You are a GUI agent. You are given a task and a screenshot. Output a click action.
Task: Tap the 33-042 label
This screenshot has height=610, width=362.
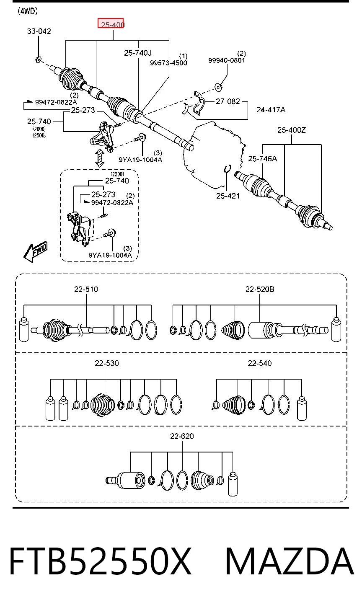point(39,31)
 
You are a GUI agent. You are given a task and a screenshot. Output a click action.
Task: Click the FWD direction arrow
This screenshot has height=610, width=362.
point(36,251)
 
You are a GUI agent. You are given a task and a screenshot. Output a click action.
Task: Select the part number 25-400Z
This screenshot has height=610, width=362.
point(292,130)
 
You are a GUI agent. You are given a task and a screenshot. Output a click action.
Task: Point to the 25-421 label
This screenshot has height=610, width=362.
point(228,196)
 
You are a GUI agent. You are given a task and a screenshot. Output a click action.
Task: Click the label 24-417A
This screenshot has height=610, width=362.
point(271,110)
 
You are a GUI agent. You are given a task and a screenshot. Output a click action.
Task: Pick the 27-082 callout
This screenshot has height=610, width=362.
point(228,101)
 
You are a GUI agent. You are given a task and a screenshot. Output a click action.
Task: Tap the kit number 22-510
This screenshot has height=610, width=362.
point(86,289)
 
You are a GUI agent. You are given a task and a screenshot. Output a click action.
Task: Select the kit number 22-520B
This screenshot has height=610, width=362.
point(260,289)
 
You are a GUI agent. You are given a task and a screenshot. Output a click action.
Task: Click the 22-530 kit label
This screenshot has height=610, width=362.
point(107,363)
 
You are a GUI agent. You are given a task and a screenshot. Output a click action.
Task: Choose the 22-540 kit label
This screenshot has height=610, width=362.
point(260,363)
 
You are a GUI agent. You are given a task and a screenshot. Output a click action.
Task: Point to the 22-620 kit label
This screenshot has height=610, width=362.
point(182,436)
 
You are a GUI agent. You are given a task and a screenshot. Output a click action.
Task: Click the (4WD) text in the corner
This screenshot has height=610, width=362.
point(28,11)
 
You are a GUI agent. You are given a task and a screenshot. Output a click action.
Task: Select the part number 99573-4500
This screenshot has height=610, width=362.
point(168,63)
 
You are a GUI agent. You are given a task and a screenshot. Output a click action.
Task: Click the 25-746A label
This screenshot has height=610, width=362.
point(262,158)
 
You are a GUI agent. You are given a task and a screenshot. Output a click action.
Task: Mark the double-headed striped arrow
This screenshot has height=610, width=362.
point(100,158)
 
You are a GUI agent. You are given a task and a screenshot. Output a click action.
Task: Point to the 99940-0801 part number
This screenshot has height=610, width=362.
point(227,60)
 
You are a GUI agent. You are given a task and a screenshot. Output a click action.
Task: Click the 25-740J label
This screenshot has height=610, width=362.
point(138,53)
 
